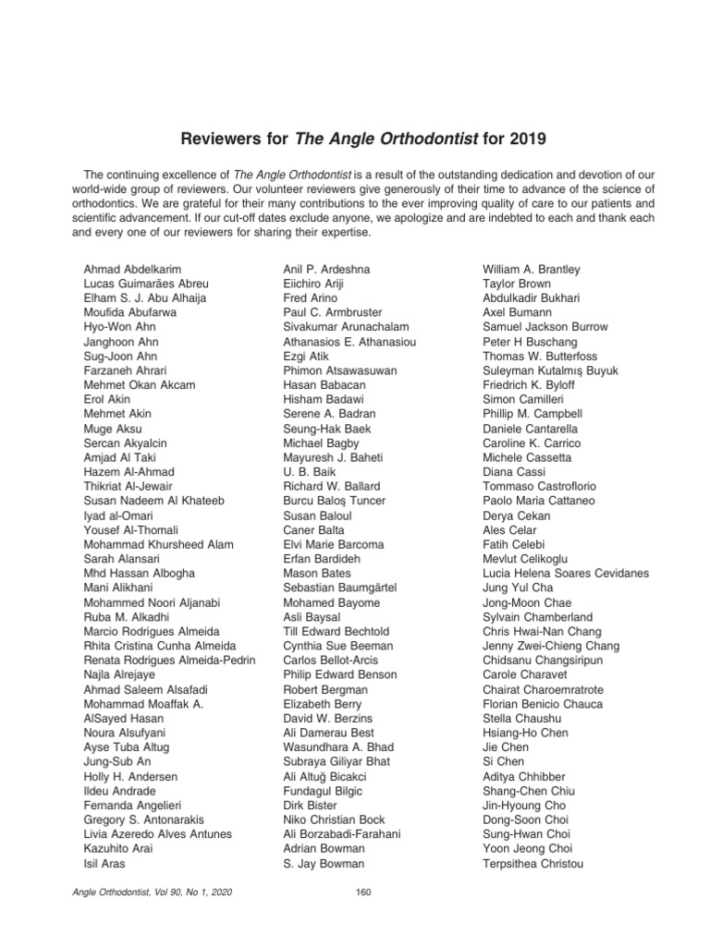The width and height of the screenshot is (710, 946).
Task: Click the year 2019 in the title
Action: (x=526, y=139)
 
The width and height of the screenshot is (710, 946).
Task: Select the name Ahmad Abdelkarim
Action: (x=132, y=270)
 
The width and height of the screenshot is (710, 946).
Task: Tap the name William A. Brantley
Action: (x=532, y=270)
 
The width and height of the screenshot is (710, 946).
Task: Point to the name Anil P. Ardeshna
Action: (x=326, y=270)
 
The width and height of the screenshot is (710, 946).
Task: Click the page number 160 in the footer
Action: (x=362, y=891)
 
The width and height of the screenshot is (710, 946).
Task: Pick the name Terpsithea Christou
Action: (x=532, y=864)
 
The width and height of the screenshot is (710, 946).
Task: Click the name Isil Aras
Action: (x=104, y=864)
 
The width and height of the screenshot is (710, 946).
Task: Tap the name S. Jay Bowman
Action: (x=324, y=864)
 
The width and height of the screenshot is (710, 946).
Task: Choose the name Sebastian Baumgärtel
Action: (x=340, y=588)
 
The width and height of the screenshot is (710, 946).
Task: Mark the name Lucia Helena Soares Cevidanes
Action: (x=566, y=574)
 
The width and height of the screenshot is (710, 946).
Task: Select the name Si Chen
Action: (x=503, y=762)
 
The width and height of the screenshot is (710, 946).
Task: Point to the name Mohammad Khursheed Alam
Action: (x=158, y=545)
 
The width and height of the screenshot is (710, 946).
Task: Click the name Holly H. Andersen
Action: (x=130, y=777)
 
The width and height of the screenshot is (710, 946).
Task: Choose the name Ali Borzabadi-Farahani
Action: (x=342, y=834)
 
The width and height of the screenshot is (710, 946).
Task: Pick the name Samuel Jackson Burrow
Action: (x=545, y=327)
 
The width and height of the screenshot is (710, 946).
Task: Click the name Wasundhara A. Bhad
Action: (x=338, y=747)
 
